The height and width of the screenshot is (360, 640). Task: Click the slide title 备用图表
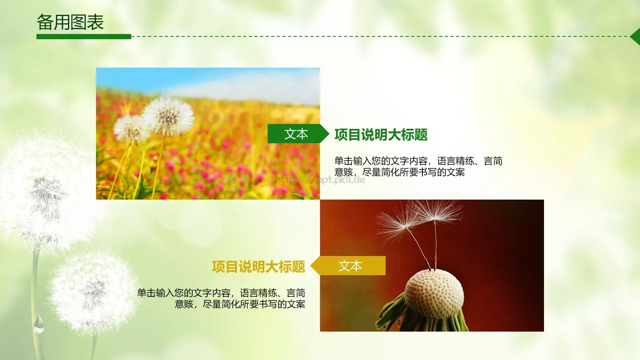[70, 22]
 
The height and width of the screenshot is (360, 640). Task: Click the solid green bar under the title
[84, 36]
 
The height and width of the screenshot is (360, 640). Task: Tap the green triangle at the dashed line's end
[636, 36]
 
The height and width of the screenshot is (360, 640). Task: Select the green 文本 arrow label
[296, 134]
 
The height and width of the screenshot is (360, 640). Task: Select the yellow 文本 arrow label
[350, 266]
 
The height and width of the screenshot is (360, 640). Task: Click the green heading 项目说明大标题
[381, 135]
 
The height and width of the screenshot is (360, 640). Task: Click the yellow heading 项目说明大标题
[258, 267]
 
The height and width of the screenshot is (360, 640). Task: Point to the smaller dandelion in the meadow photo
[128, 128]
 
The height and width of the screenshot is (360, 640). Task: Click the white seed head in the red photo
[434, 294]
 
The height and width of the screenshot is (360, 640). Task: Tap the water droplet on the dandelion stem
[38, 325]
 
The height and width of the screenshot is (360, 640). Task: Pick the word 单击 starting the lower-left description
[146, 293]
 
